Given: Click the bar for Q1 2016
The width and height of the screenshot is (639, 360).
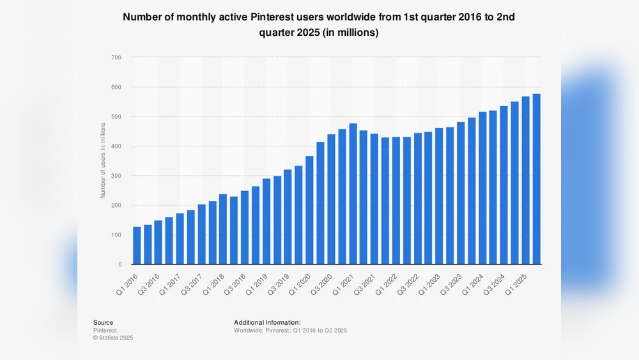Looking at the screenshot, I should tap(137, 246).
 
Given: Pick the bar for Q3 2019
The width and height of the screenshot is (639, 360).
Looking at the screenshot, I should tap(288, 217).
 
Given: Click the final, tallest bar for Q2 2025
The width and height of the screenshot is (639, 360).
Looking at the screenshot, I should tap(536, 179).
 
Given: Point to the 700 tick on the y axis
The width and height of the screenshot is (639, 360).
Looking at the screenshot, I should tap(116, 58).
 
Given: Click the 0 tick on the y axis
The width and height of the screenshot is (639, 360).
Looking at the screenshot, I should tap(119, 264).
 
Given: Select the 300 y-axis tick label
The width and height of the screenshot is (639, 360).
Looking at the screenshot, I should tap(116, 176).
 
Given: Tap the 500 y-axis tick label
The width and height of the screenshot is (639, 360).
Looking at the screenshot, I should tap(116, 117).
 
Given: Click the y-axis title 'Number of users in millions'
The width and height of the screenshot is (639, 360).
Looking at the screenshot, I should tap(102, 161).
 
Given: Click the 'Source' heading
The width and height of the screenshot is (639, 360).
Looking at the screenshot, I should tap(103, 322).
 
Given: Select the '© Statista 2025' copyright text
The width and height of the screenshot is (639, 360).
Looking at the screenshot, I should tap(114, 338).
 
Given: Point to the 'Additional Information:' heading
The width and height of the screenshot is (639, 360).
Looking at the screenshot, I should tap(267, 322).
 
